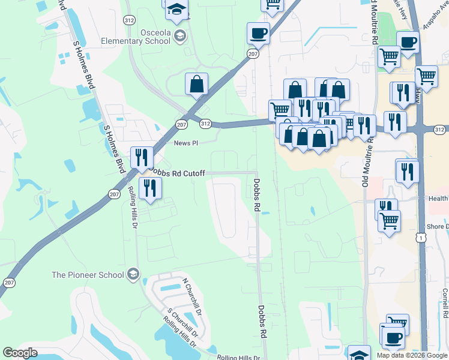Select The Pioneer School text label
pyautogui.click(x=87, y=275)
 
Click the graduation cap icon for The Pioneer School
pyautogui.click(x=133, y=275)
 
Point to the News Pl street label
pyautogui.click(x=185, y=143)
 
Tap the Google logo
pyautogui.click(x=20, y=353)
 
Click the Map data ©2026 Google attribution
pyautogui.click(x=412, y=355)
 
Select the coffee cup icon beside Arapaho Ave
pyautogui.click(x=408, y=43)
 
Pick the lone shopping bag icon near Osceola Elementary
pyautogui.click(x=196, y=85)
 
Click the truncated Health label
pyautogui.click(x=438, y=199)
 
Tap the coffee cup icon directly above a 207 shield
pyautogui.click(x=258, y=33)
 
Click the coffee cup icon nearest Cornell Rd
pyautogui.click(x=393, y=338)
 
